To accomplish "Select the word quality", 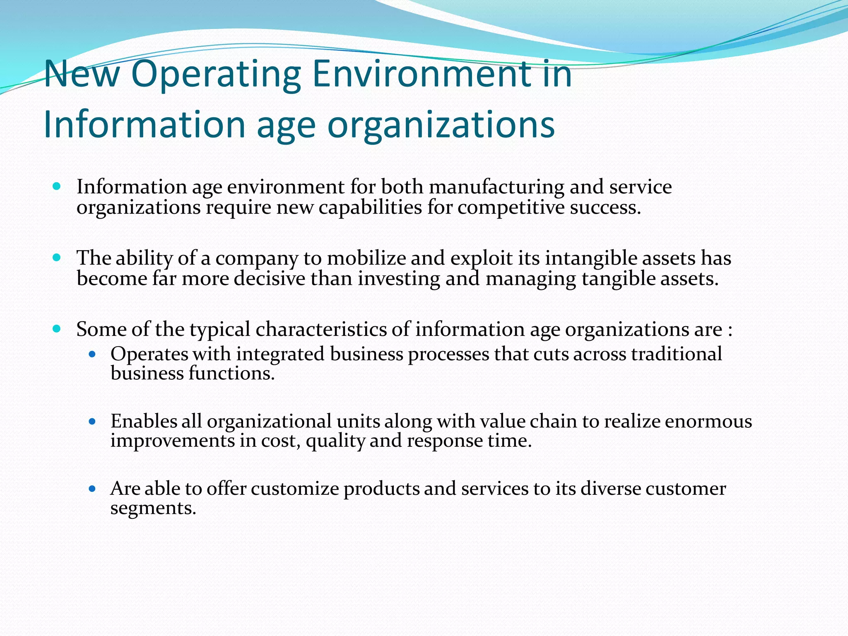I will click(335, 441).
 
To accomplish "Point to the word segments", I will click(153, 508).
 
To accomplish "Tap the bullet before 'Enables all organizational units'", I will click(92, 422).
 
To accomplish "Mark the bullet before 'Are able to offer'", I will click(92, 489).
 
